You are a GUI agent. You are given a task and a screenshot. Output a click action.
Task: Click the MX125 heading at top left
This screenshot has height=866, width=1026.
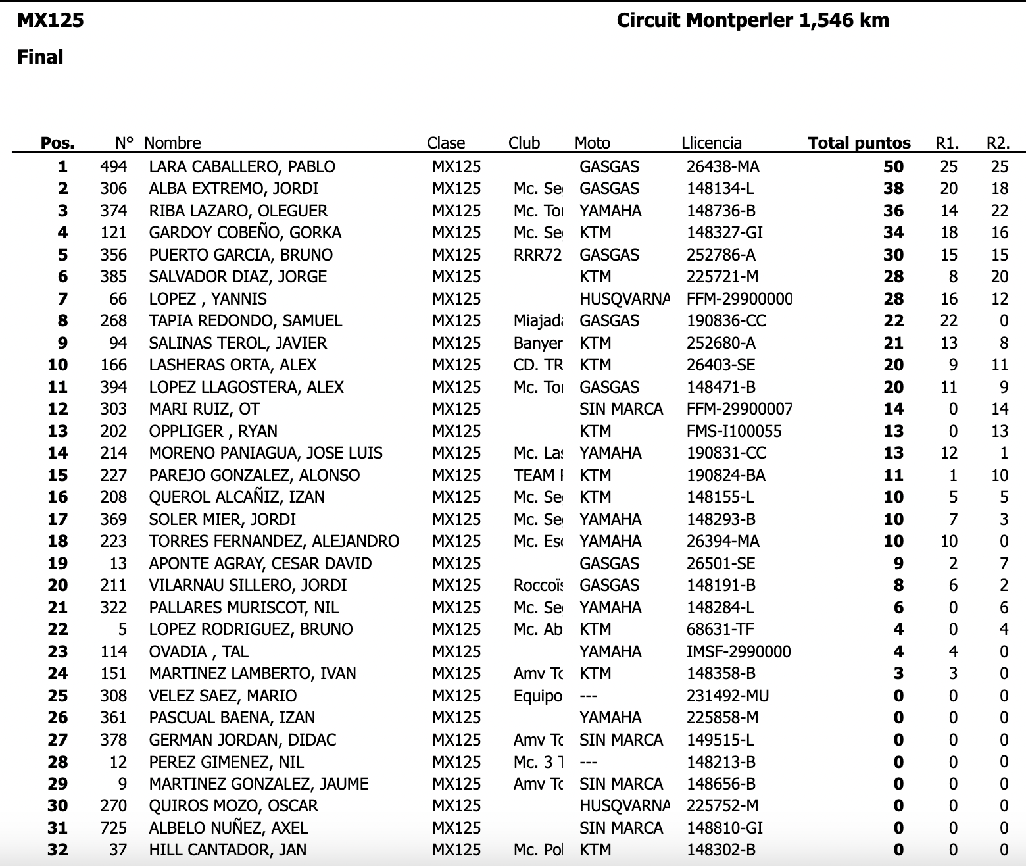(51, 20)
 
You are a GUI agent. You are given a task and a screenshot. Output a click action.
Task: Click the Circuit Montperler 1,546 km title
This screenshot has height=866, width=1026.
(752, 20)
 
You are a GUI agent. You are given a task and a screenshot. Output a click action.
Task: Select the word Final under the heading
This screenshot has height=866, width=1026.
(40, 57)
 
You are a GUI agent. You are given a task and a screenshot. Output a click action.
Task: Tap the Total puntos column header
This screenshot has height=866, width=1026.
(858, 143)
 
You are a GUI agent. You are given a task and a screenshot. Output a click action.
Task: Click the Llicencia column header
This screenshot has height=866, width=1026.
(712, 143)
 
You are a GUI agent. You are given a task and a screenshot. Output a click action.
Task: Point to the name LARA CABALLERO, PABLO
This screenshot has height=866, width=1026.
(242, 166)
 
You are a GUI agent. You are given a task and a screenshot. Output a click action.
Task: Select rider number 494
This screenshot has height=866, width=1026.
(113, 166)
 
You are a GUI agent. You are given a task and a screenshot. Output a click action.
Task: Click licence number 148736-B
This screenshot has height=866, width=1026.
(721, 211)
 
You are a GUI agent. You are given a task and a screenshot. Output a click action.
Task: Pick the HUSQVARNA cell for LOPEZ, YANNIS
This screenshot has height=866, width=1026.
(623, 299)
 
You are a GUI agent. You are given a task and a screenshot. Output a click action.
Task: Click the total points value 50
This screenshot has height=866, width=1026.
(893, 166)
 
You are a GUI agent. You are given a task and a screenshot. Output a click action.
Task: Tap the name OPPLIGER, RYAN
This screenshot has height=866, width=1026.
(213, 431)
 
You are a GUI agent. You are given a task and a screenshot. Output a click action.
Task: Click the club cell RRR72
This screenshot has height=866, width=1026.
(537, 255)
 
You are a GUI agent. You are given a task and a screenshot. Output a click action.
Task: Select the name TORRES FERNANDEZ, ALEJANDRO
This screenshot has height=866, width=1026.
(274, 541)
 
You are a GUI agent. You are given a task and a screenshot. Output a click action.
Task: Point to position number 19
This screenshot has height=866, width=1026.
(58, 563)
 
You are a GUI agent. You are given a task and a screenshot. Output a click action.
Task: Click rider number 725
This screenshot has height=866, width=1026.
(113, 828)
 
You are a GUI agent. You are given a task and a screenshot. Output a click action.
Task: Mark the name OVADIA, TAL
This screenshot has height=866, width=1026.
(199, 651)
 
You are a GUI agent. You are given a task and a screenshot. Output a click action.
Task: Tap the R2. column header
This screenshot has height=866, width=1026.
(998, 143)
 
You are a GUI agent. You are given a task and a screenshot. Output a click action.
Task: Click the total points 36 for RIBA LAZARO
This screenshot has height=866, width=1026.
(893, 211)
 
